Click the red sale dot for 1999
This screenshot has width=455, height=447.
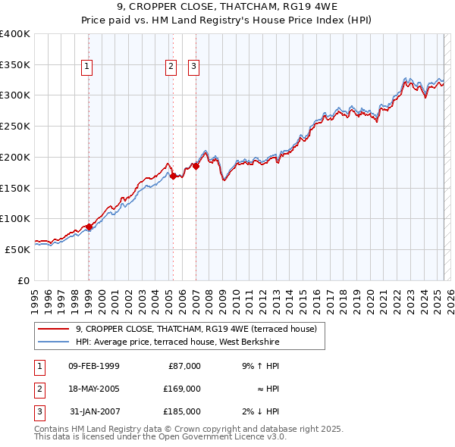click(x=89, y=227)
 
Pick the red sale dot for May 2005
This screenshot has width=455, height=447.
click(x=173, y=176)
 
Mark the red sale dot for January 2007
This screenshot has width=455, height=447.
click(x=196, y=166)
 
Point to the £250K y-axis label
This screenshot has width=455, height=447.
click(x=15, y=127)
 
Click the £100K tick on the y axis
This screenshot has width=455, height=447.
click(x=15, y=218)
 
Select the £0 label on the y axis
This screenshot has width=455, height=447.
click(x=24, y=280)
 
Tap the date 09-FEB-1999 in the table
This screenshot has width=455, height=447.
click(x=93, y=366)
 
